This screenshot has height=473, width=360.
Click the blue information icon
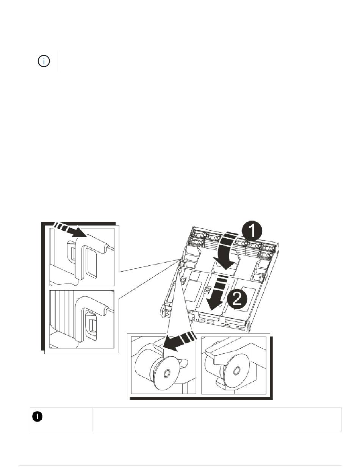(x=44, y=61)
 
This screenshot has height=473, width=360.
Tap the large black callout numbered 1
(x=251, y=232)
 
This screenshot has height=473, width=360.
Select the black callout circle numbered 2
(x=237, y=299)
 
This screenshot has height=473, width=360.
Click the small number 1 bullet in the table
(x=37, y=417)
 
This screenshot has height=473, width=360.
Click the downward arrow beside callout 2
(x=216, y=293)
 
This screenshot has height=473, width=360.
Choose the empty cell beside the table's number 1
(x=217, y=419)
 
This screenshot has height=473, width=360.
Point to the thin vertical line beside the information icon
(x=58, y=61)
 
